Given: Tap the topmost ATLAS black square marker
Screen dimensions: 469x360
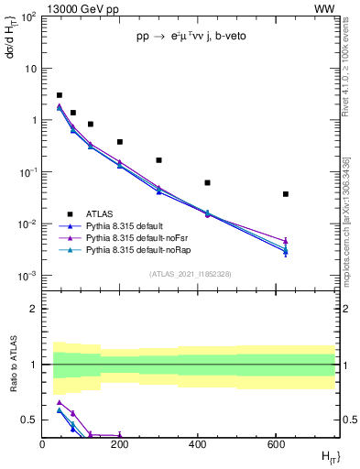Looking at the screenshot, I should click(60, 95).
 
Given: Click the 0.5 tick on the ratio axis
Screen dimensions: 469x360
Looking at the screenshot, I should click(30, 420).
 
